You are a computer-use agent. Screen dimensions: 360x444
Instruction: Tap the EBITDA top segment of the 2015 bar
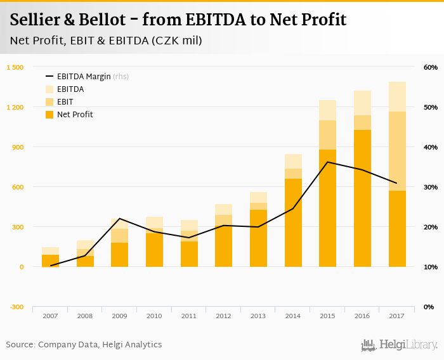tap(327, 110)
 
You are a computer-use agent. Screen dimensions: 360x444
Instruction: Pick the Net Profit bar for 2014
tap(293, 222)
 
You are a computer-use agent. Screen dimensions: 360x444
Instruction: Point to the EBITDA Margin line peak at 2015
tap(327, 162)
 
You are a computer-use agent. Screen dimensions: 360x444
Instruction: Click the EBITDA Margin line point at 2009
tap(120, 219)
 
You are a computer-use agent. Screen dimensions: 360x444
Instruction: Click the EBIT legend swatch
tap(49, 102)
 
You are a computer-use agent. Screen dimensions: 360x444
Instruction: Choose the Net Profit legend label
tap(75, 115)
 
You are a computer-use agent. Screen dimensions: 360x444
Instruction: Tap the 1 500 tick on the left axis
tap(15, 67)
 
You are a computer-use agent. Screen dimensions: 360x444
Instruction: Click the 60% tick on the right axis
tap(430, 67)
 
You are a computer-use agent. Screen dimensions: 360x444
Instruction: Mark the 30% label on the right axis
tap(430, 187)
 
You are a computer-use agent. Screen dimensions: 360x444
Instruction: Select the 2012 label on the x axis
tap(223, 316)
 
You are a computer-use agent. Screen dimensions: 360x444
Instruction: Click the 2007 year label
tap(50, 316)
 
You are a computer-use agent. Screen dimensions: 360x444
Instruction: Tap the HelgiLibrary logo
tap(400, 345)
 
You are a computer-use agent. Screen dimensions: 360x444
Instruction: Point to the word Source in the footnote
tap(20, 345)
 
